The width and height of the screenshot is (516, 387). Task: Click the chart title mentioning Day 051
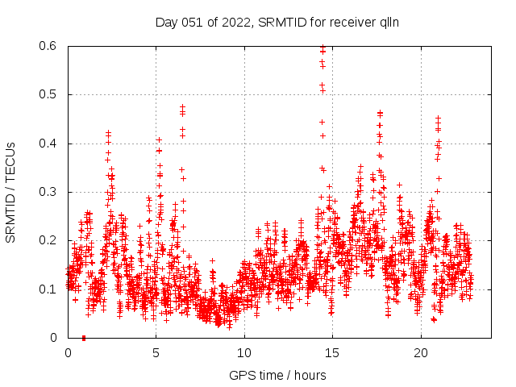(x=277, y=22)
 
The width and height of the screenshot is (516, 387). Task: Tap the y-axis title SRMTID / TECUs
(x=10, y=193)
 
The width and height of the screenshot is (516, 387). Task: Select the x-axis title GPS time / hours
(x=277, y=375)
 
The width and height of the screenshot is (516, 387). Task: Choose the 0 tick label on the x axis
(x=68, y=352)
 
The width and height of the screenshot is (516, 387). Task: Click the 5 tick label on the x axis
(x=156, y=352)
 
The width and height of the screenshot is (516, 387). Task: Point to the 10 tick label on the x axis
(x=245, y=352)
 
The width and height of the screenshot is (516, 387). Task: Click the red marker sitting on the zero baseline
(x=84, y=338)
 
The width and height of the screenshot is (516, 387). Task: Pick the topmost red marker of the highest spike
(x=322, y=48)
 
